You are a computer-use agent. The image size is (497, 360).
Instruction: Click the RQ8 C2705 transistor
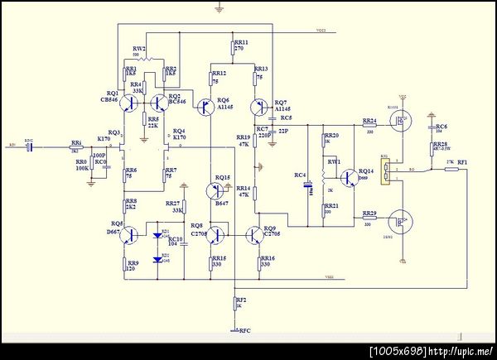pyautogui.click(x=217, y=236)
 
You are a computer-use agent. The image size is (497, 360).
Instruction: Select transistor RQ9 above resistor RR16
pyautogui.click(x=253, y=236)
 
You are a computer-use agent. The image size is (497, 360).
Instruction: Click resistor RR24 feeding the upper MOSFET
pyautogui.click(x=369, y=127)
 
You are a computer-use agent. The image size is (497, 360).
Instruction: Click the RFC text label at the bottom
pyautogui.click(x=244, y=331)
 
